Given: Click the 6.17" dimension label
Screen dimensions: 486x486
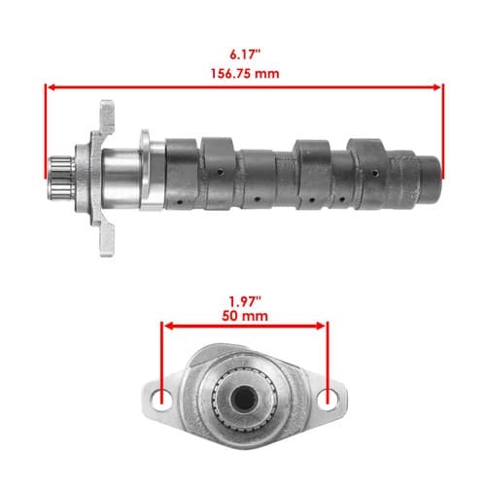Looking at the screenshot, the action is (245, 54).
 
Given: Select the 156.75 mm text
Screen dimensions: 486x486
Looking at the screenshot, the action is (245, 74).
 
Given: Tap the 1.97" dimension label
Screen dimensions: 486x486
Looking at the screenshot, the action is (245, 302).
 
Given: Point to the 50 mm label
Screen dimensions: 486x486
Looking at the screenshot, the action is (245, 316).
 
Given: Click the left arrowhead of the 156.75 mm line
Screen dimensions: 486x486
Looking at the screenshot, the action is (52, 87).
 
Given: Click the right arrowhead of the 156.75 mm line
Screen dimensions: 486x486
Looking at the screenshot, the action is (437, 87).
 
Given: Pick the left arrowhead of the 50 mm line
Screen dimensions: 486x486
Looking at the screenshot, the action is (169, 326).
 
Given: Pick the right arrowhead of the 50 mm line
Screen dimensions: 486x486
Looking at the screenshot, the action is (321, 326).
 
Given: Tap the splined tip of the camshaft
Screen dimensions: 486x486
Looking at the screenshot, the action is (61, 178).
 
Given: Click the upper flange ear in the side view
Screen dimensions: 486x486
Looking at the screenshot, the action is (107, 117).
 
